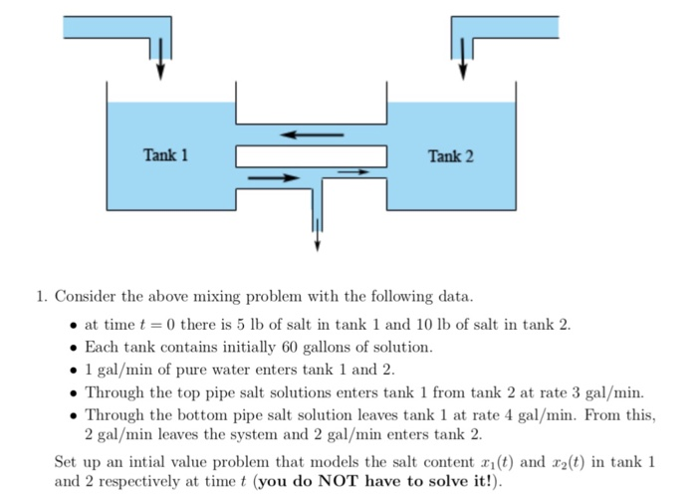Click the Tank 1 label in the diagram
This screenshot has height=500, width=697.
[x=165, y=155]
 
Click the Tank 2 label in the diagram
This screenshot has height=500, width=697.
[x=451, y=156]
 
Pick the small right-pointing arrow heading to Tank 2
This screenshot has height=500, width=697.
[x=353, y=172]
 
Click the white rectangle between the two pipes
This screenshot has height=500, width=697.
[x=311, y=156]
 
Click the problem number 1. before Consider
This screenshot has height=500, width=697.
[x=41, y=297]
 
